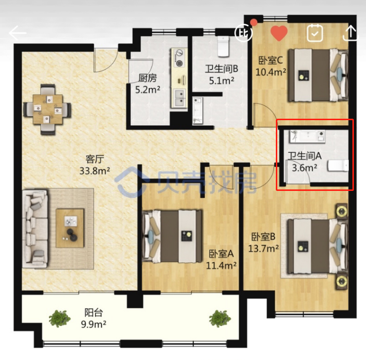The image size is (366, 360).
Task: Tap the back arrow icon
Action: pyautogui.click(x=17, y=33)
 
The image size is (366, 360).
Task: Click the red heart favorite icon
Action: pyautogui.click(x=279, y=33)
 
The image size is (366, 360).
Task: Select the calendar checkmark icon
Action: pyautogui.click(x=315, y=33)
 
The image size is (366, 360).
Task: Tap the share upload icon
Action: pyautogui.click(x=350, y=33)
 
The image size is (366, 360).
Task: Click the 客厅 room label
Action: pyautogui.click(x=95, y=159)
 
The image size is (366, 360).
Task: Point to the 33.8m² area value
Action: pyautogui.click(x=95, y=171)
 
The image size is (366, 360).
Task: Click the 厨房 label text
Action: pyautogui.click(x=147, y=78)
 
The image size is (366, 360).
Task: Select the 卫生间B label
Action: pyautogui.click(x=222, y=69)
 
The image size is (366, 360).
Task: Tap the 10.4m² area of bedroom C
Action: pyautogui.click(x=271, y=72)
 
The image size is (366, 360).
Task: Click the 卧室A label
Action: pyautogui.click(x=221, y=253)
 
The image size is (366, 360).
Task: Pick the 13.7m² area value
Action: pyautogui.click(x=263, y=249)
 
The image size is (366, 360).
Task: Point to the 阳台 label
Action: pyautogui.click(x=94, y=313)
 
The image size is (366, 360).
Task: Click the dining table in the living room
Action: pyautogui.click(x=48, y=109)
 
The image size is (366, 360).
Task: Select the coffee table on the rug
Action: pyautogui.click(x=70, y=228)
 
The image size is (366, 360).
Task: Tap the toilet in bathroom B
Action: pyautogui.click(x=223, y=47)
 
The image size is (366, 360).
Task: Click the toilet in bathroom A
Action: pyautogui.click(x=338, y=165)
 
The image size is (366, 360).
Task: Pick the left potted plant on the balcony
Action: pyautogui.click(x=60, y=318)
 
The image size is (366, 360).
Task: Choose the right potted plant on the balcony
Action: pyautogui.click(x=220, y=318)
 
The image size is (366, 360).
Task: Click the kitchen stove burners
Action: pyautogui.click(x=179, y=58)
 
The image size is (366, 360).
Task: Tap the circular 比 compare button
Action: pyautogui.click(x=243, y=33)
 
